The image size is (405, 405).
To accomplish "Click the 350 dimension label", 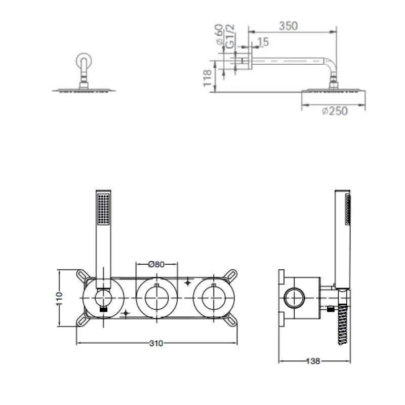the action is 288,26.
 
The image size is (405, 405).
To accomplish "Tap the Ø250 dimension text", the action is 335,111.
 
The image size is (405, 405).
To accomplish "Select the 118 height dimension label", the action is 207,78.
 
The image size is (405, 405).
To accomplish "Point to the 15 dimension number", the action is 263,42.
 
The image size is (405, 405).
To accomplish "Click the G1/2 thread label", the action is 230,36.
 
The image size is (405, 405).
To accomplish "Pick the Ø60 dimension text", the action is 219,34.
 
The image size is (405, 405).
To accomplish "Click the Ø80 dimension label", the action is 156,264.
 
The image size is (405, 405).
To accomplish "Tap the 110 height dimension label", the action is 59,298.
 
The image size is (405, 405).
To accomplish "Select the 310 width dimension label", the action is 156,343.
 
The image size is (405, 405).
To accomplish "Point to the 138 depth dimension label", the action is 313,361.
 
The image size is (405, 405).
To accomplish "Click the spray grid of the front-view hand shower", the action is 104,209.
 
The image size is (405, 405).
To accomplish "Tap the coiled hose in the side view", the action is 343,325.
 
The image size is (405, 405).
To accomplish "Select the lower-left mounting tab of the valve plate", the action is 83,320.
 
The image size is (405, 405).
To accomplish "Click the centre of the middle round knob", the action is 157,298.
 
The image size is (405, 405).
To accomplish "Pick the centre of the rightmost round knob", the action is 214,298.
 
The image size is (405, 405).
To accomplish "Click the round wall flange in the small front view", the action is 84,61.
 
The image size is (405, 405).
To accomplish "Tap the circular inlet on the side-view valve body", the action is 295,298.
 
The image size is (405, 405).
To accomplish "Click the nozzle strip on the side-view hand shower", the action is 348,210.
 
